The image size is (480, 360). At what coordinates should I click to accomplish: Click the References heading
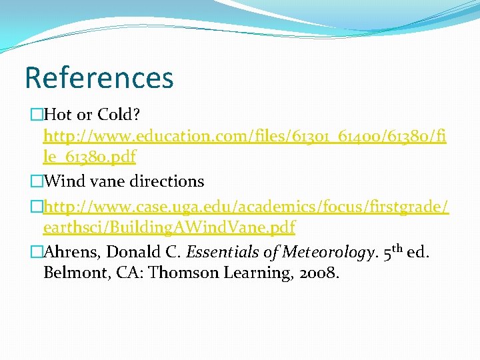pos(99,77)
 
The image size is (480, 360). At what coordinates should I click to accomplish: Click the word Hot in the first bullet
pos(63,116)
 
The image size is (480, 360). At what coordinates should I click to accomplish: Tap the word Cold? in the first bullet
pos(120,116)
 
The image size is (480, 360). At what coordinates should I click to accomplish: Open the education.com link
pos(245,137)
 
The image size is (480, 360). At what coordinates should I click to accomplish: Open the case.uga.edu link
pos(245,206)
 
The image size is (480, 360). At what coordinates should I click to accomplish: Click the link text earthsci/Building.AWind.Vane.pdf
pos(169,227)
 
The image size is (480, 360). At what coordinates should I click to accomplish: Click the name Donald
pos(128,253)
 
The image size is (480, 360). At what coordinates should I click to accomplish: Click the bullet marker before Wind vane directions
pos(37,181)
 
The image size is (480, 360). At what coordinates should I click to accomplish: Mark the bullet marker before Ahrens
pos(37,253)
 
